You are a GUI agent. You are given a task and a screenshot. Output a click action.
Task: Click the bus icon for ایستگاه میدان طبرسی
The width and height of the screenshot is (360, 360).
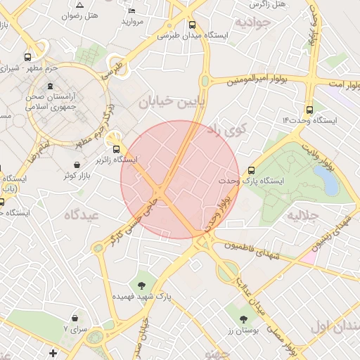point(192,25)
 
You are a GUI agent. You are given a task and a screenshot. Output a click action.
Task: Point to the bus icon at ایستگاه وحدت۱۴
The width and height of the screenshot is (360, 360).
point(309,110)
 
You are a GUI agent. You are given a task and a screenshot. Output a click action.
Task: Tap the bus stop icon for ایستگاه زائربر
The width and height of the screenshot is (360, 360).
point(117,148)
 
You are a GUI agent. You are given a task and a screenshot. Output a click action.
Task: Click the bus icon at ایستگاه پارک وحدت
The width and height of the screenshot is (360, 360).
point(251,170)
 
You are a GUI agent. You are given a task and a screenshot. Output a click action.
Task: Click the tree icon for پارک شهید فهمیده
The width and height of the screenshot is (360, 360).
point(142,285)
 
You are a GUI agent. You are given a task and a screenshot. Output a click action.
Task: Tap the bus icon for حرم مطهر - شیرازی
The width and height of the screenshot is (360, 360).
point(27,58)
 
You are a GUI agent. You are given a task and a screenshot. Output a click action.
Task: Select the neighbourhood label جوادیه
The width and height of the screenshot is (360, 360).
point(252,22)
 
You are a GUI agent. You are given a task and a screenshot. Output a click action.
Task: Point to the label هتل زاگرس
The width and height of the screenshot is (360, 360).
point(270,4)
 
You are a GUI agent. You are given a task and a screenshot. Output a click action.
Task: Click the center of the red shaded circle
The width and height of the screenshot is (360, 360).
point(179,179)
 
